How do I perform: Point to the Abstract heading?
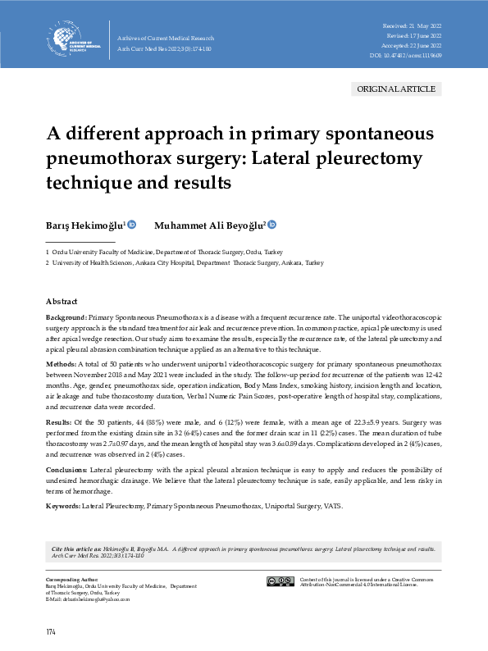pos(62,301)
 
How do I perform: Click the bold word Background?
pos(66,316)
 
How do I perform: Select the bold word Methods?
pos(62,362)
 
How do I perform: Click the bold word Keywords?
pos(63,507)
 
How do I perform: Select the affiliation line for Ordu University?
pos(164,253)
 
